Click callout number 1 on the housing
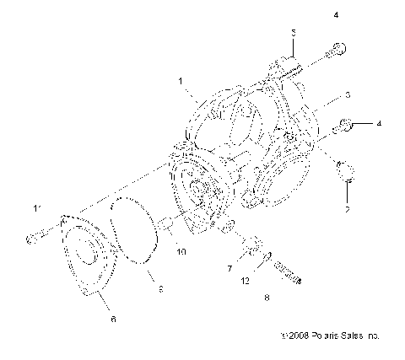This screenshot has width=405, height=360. tap(180, 82)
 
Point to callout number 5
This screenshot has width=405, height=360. tap(294, 33)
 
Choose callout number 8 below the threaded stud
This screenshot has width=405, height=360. tap(267, 298)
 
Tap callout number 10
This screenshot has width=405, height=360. tap(180, 250)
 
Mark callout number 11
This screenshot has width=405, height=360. tap(36, 207)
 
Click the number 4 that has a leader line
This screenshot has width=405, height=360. tap(379, 123)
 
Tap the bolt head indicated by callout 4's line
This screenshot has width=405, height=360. tap(345, 126)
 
